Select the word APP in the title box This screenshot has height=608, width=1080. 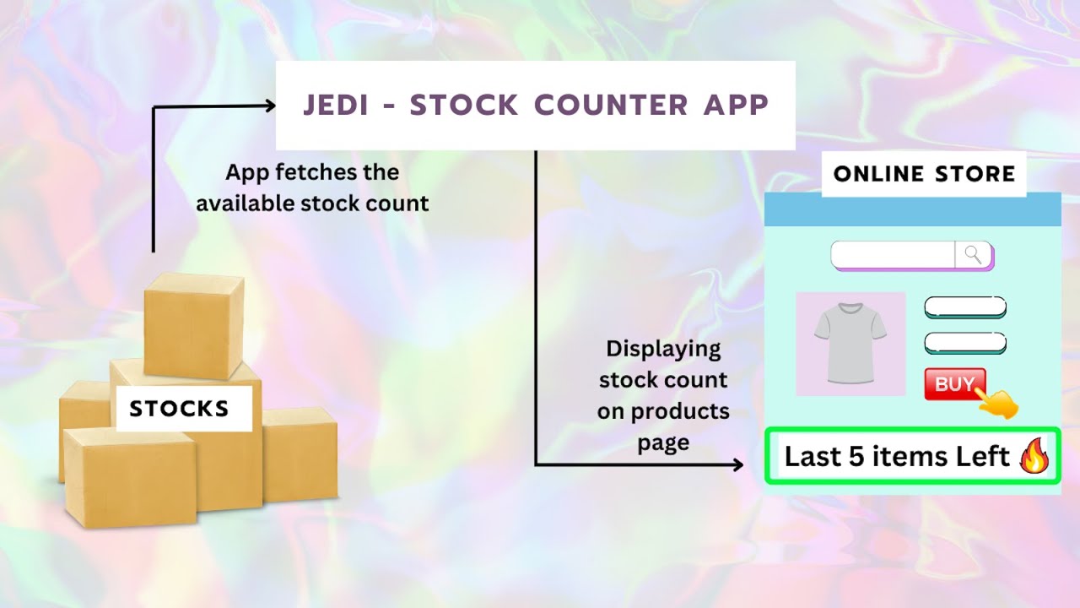737,106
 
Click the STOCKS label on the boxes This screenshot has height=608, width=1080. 180,410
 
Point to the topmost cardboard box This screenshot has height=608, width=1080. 193,325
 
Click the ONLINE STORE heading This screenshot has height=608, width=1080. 924,174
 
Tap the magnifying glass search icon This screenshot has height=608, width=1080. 973,254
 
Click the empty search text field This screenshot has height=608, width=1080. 893,254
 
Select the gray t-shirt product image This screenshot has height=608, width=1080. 850,344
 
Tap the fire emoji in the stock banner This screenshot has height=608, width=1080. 1034,457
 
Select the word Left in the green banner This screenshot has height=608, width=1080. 983,457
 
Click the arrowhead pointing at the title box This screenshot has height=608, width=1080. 270,106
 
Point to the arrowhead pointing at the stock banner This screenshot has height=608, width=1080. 737,464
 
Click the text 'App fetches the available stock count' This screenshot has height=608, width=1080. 312,187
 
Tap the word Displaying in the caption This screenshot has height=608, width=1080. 663,349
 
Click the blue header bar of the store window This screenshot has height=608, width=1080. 912,209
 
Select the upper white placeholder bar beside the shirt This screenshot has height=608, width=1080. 965,307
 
